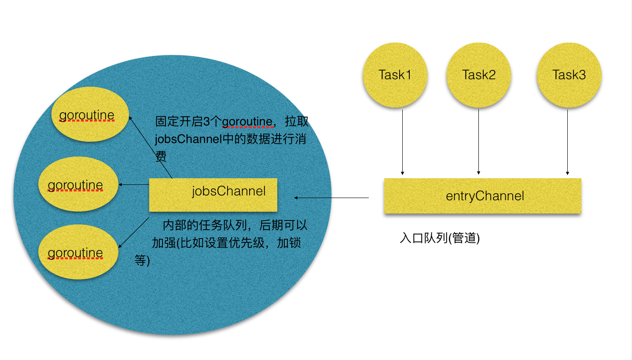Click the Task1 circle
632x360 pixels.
395,75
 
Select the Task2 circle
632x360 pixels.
479,75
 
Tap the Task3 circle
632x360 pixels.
569,75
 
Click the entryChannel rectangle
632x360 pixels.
483,196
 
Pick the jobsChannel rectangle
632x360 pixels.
213,195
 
